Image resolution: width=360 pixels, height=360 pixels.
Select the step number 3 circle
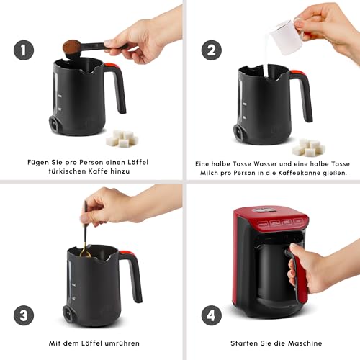[x=24, y=315]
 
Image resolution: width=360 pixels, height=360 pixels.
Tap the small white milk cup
[x=287, y=37]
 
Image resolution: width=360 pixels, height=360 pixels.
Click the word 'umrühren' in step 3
[x=119, y=343]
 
